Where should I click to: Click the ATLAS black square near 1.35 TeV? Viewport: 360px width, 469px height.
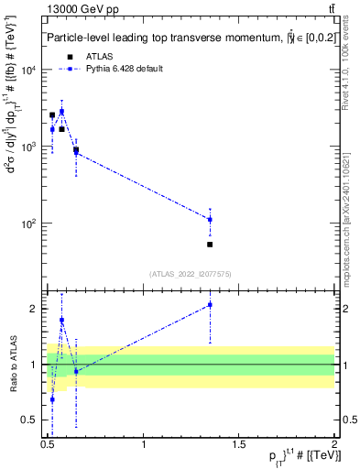pyautogui.click(x=210, y=245)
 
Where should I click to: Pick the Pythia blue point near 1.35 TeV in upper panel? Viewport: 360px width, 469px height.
pyautogui.click(x=210, y=220)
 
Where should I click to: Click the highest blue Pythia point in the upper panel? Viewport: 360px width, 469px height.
pyautogui.click(x=61, y=111)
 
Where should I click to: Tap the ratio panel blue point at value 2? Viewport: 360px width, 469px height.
pyautogui.click(x=210, y=305)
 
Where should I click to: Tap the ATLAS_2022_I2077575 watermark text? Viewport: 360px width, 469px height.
pyautogui.click(x=191, y=274)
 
